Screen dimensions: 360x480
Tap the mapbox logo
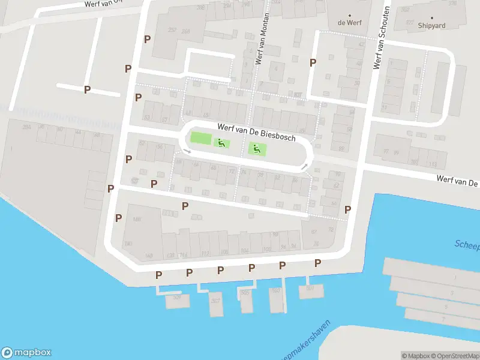coord(26,353)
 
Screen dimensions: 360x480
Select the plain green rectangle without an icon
coord(200,139)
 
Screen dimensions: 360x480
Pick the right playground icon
coord(256,149)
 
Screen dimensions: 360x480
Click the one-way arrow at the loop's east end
coord(305,166)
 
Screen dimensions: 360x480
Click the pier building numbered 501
coord(310,289)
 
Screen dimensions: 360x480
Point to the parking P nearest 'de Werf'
coord(313,62)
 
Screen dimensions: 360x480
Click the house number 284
coord(26,127)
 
